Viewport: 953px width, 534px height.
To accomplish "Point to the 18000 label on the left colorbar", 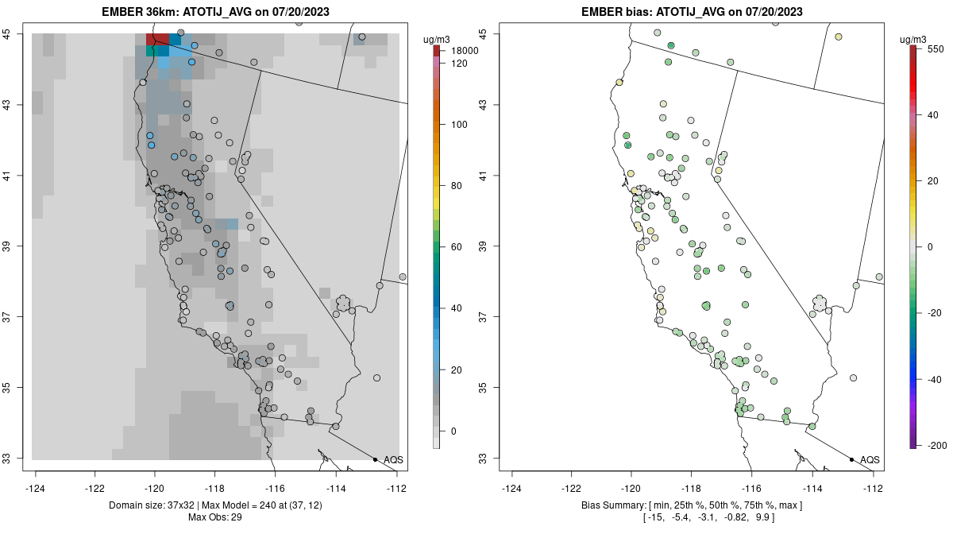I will [x=465, y=51].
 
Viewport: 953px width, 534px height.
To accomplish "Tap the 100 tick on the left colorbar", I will [x=460, y=125].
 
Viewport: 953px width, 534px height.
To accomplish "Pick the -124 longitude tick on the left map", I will [x=37, y=488].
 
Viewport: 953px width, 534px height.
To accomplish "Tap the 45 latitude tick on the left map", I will [x=16, y=33].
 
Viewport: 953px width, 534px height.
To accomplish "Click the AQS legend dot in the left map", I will [x=375, y=459].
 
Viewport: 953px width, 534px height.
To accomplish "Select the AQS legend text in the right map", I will [x=870, y=459].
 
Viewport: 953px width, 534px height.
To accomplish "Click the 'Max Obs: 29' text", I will [x=215, y=517].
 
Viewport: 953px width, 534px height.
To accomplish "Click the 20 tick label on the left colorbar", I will [x=457, y=370].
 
